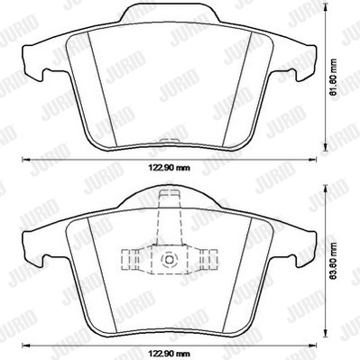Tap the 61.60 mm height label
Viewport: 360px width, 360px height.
tap(333, 78)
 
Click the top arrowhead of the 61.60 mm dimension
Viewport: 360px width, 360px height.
tap(325, 6)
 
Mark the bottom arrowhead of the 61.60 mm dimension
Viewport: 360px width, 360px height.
tap(325, 147)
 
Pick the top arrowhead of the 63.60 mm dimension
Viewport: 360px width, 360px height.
tap(325, 189)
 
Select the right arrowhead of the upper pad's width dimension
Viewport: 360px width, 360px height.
tap(313, 160)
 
